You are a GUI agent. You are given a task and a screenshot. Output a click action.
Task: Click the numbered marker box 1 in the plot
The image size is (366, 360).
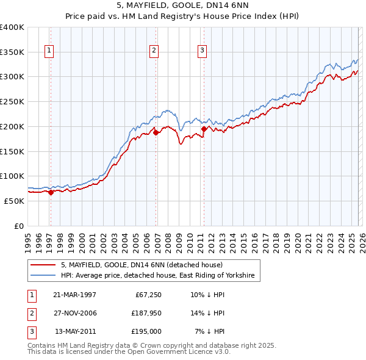point(49,51)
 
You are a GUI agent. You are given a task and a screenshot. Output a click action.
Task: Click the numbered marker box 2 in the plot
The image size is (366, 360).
point(154,51)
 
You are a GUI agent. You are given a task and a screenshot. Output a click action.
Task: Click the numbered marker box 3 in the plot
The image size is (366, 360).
point(202,51)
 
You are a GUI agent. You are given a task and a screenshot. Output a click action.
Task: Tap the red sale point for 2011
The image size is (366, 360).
point(204,129)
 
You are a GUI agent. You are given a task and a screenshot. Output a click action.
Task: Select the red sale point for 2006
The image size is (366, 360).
point(156,132)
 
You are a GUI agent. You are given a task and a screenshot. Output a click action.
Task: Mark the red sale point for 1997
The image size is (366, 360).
point(51,192)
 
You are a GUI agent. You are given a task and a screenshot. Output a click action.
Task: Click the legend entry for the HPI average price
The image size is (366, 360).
point(160,276)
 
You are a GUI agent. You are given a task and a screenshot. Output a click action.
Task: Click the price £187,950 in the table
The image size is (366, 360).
point(145,313)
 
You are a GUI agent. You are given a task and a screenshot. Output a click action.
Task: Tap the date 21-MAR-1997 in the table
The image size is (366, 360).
point(74,295)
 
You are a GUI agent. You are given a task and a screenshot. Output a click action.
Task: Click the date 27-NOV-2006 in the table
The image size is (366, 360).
point(74,313)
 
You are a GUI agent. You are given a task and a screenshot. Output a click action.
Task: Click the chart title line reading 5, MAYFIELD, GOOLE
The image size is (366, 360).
point(183,5)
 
